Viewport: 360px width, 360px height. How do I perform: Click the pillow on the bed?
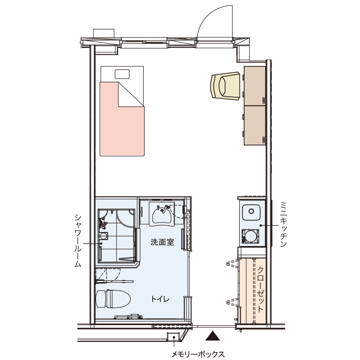click(122, 74)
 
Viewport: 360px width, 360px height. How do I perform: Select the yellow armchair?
click(225, 86)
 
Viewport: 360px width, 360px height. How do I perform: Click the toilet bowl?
click(113, 298)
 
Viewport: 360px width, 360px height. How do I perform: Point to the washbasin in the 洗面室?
click(162, 214)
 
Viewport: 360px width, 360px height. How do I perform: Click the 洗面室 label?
click(162, 242)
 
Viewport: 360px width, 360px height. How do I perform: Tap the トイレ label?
click(160, 299)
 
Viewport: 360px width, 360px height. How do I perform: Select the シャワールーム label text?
click(78, 241)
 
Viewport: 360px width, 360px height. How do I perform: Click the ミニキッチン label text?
click(283, 224)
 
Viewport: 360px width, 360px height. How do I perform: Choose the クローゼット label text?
click(260, 289)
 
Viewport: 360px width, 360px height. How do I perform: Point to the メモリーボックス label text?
click(198, 354)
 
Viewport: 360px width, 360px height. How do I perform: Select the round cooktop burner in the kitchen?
click(250, 236)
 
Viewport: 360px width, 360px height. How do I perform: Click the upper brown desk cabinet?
click(255, 86)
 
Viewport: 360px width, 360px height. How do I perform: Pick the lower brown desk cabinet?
click(255, 125)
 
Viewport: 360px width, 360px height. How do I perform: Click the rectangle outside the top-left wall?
click(104, 33)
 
